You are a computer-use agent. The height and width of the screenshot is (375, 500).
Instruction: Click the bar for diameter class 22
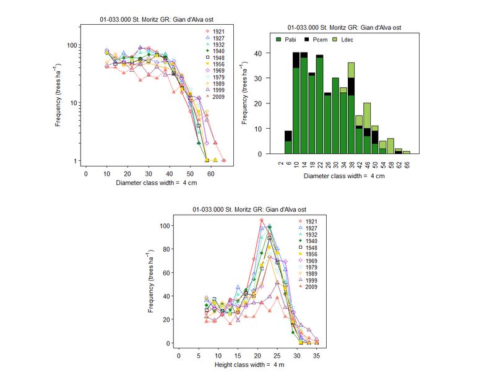pos(319,105)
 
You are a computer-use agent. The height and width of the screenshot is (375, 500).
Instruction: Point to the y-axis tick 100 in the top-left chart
pos(71,45)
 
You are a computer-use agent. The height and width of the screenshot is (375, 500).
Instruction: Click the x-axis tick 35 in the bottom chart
pos(317,356)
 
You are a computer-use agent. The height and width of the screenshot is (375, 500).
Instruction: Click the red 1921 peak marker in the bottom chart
pos(261,220)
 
